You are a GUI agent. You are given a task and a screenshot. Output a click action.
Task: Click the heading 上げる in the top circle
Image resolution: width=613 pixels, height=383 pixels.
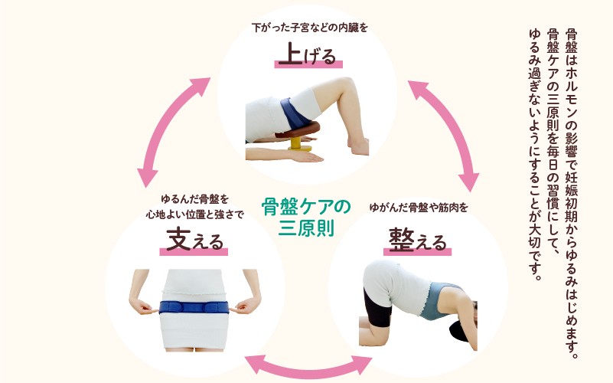click(308, 55)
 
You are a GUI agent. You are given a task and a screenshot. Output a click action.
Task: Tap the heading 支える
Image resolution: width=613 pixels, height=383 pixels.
click(194, 240)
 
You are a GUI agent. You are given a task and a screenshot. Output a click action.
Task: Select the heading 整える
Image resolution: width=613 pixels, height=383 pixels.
click(418, 240)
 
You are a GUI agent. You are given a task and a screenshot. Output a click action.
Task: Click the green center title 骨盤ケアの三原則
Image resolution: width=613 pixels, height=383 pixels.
click(306, 218)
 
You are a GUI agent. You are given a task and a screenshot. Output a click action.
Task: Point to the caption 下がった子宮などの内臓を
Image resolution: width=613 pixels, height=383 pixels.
click(310, 28)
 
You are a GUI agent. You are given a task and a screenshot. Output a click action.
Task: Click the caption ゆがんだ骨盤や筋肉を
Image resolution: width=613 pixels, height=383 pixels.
click(419, 208)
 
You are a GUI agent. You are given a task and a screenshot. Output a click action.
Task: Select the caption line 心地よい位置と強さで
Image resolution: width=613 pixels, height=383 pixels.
click(194, 214)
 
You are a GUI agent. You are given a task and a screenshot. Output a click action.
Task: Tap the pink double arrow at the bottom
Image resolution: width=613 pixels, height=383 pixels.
click(308, 366)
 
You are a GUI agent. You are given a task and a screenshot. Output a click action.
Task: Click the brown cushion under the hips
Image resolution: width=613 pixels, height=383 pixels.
click(298, 130)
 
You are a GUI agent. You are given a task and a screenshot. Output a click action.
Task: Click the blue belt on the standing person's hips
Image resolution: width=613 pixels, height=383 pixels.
click(194, 307)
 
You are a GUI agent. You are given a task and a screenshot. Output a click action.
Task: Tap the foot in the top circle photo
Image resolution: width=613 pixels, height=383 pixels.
click(358, 145)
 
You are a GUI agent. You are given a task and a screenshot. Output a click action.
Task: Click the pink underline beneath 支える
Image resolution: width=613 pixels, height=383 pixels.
click(194, 252)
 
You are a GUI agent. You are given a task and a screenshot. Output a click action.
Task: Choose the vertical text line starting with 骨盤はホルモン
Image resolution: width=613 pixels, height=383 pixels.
click(572, 193)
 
